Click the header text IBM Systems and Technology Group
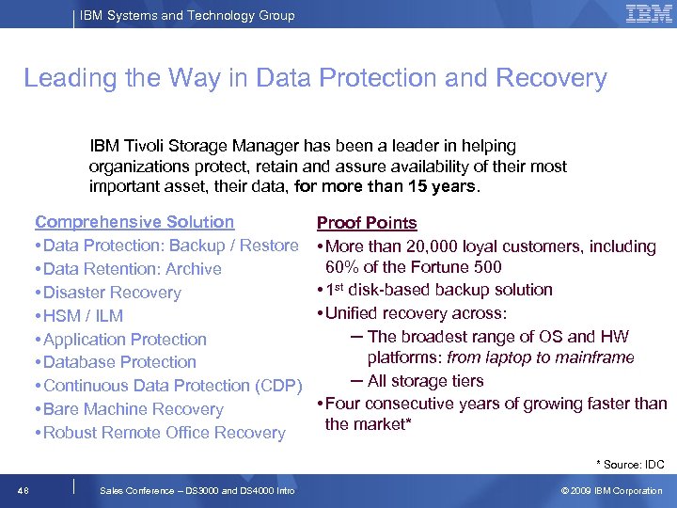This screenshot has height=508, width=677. [187, 15]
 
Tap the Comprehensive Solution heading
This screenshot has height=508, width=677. [134, 222]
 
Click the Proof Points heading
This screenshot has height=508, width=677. [367, 223]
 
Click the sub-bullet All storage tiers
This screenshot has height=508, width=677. [426, 381]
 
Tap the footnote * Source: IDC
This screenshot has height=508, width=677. [630, 464]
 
